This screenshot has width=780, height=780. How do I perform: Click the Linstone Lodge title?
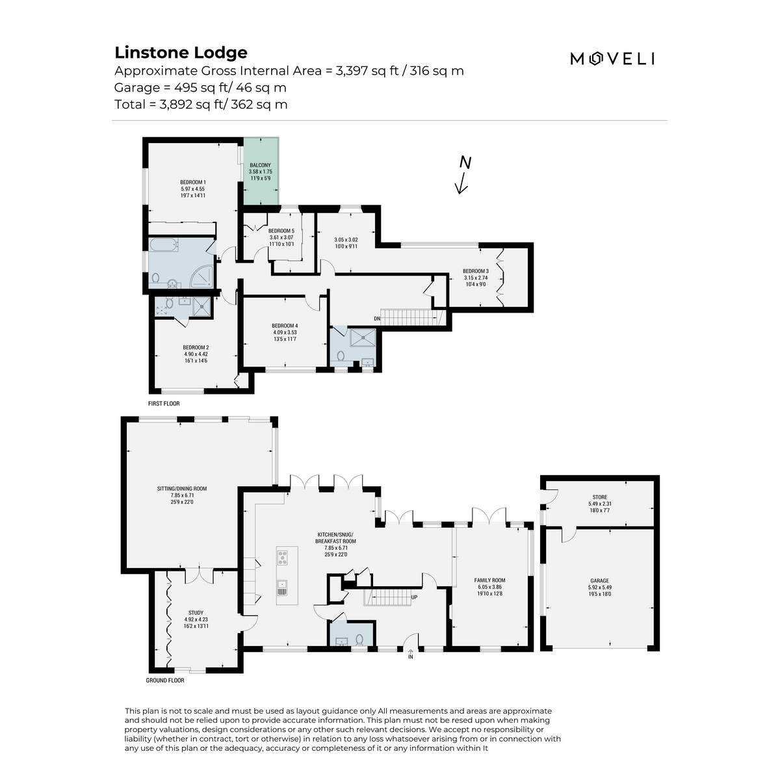point(181,53)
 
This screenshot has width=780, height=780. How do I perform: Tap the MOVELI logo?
point(612,59)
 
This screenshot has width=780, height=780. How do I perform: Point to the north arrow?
point(463,175)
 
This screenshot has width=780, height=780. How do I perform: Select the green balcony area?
point(261,171)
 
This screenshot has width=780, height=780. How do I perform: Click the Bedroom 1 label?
point(193,182)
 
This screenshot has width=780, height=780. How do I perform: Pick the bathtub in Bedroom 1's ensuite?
point(163,244)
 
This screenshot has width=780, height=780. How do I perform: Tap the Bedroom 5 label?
point(281,231)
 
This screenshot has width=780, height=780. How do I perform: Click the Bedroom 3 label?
point(476,271)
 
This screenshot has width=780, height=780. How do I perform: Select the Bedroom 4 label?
point(285,326)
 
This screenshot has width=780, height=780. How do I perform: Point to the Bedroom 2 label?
point(196,347)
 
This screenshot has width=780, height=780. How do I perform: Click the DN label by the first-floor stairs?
point(377,318)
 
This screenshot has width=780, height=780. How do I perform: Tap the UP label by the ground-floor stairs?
point(414,597)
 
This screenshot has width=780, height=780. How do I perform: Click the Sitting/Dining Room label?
point(182,489)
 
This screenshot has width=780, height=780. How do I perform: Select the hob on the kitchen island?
point(282,558)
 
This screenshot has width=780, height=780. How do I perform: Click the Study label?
point(196,612)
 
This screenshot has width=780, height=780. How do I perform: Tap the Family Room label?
point(490,580)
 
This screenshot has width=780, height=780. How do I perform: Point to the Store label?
point(599,497)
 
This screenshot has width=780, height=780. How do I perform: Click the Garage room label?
point(599,580)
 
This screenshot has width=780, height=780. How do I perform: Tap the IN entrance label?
point(410,656)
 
